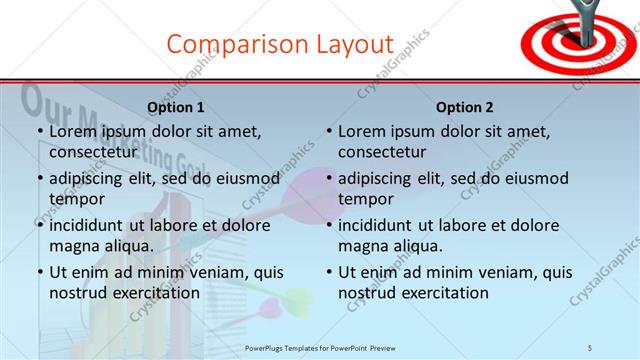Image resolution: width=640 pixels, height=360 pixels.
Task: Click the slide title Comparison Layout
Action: tap(280, 44)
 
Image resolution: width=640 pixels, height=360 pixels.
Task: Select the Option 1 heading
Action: tap(176, 107)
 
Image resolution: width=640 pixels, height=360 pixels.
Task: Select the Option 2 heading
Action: tap(466, 107)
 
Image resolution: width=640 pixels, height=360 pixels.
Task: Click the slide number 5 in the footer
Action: tap(590, 347)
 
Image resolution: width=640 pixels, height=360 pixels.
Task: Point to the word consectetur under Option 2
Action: tap(382, 153)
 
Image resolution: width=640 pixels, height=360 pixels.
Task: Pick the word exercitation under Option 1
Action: tap(154, 293)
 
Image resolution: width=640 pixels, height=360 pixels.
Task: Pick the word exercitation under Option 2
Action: tap(444, 293)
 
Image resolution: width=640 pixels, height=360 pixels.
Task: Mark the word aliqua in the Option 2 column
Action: tap(417, 246)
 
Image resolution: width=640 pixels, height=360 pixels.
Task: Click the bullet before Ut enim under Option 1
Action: tap(39, 272)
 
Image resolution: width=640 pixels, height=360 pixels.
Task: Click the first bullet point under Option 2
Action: tap(329, 132)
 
